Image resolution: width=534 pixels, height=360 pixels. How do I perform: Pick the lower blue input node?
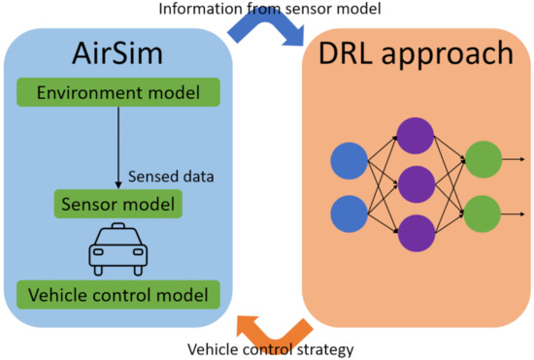(351, 213)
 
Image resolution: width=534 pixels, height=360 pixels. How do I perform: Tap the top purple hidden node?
(417, 135)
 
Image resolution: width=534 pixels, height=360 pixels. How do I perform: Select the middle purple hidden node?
(417, 185)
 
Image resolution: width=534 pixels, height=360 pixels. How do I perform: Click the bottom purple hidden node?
(417, 236)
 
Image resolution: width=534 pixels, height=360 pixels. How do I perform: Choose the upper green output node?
(484, 159)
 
